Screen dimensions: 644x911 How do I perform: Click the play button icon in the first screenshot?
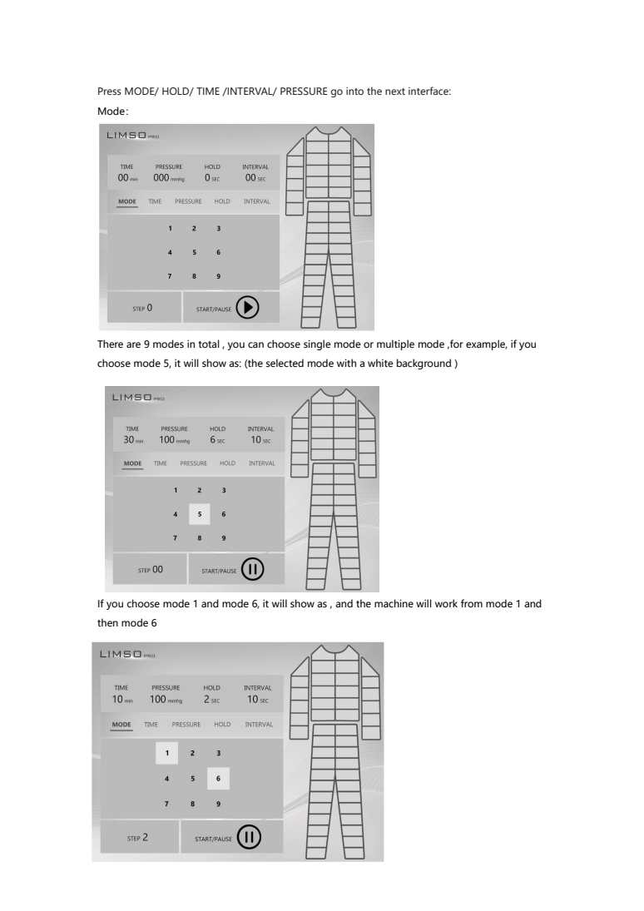(x=248, y=307)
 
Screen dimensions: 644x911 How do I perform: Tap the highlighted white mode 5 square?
(x=200, y=514)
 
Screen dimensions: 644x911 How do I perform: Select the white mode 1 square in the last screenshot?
(x=166, y=753)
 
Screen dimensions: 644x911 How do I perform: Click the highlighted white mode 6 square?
(x=219, y=779)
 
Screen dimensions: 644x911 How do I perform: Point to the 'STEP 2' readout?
(x=138, y=838)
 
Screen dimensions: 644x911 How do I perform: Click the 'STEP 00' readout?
(x=151, y=570)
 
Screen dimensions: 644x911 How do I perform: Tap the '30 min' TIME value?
(x=133, y=440)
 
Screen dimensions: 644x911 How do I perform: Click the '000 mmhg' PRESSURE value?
(x=169, y=178)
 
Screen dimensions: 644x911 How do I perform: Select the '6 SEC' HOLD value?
(x=217, y=440)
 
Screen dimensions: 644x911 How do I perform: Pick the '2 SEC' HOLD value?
(x=211, y=700)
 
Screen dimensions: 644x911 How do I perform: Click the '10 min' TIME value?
(x=122, y=700)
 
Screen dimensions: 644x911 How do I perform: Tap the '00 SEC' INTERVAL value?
(x=255, y=178)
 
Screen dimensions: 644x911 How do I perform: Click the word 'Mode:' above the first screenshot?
(x=113, y=111)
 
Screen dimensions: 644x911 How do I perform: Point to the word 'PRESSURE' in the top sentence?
(x=304, y=92)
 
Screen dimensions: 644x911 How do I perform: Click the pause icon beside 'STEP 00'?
(x=252, y=569)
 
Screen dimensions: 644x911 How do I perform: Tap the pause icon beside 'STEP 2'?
(x=249, y=837)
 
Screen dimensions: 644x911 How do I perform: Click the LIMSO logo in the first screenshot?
(x=132, y=136)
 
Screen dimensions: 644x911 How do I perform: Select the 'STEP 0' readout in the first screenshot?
(x=142, y=308)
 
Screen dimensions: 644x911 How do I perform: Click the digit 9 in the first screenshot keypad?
(x=219, y=276)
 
